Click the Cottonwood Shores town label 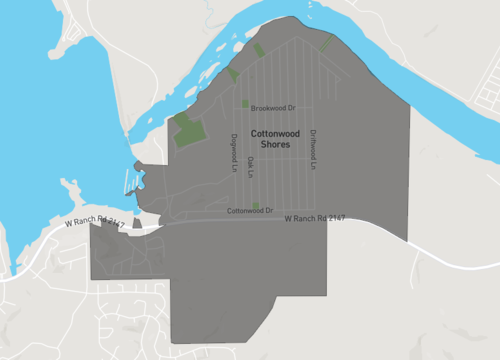(269, 139)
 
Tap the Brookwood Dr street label (274, 108)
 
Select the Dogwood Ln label (233, 151)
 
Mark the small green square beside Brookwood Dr (245, 103)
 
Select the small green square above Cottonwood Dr (255, 205)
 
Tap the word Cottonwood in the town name (269, 133)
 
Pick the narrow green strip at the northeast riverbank (326, 44)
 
